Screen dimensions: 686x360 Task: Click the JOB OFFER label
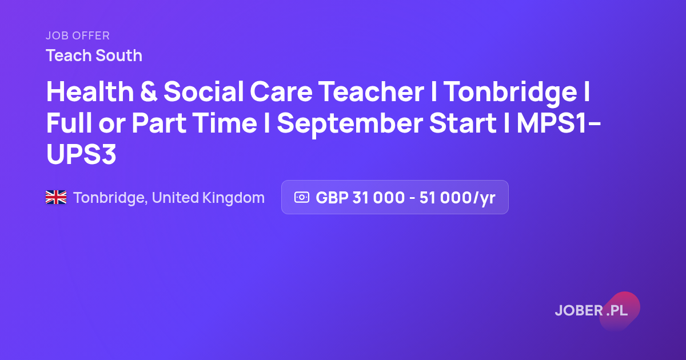tap(78, 36)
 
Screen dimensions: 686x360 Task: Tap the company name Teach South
tap(94, 56)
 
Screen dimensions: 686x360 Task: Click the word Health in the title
tap(90, 91)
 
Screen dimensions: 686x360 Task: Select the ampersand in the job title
tap(149, 91)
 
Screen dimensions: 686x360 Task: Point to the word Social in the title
tap(204, 91)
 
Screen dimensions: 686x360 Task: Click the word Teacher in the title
tap(372, 91)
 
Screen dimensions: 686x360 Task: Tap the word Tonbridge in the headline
tap(510, 93)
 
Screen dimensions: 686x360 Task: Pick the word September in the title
tap(350, 124)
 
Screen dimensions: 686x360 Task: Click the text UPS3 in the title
tap(81, 154)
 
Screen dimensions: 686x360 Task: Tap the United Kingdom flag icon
tap(56, 197)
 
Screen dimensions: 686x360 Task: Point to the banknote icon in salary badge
tap(302, 197)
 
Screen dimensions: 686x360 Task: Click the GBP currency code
tap(332, 198)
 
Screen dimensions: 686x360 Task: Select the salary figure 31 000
tap(378, 198)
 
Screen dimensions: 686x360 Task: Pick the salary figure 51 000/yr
tap(457, 198)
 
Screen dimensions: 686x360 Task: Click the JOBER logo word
tap(579, 310)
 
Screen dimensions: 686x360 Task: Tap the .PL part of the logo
tap(617, 310)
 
